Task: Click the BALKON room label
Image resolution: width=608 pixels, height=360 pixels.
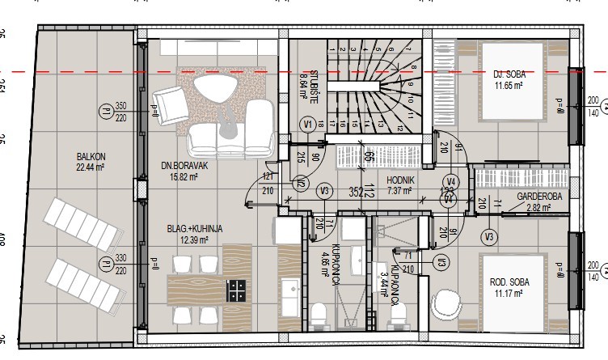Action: tap(89, 157)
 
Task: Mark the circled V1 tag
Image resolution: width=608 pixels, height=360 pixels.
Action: tap(307, 125)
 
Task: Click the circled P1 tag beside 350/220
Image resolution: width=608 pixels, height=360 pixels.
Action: tap(104, 112)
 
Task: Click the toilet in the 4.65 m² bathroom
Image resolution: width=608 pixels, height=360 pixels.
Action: tap(320, 312)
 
